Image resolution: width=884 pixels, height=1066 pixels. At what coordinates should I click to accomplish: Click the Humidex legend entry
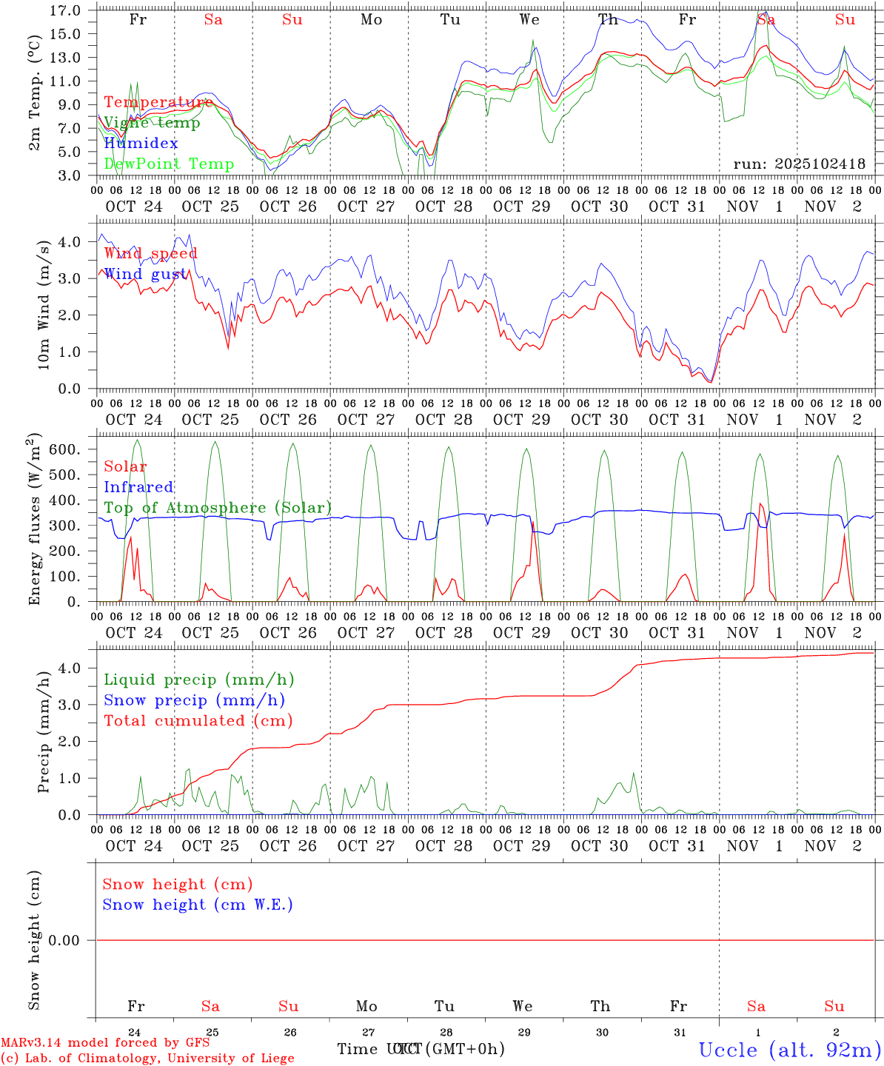141,143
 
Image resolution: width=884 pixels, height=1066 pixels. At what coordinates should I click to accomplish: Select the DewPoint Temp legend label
169,164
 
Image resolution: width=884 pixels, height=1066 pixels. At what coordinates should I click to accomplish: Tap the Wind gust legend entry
145,274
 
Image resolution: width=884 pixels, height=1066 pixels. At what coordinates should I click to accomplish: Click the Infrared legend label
138,487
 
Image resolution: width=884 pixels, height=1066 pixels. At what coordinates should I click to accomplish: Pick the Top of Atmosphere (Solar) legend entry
218,508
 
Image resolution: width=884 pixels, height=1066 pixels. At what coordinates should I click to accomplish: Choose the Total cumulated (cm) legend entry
198,720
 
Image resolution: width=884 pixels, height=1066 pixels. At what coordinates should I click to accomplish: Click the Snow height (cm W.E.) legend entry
198,905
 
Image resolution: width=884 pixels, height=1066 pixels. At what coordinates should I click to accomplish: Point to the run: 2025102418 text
799,164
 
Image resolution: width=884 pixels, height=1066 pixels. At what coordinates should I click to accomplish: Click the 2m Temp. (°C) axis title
35,104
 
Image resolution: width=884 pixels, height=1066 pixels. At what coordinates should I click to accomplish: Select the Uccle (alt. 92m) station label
789,1049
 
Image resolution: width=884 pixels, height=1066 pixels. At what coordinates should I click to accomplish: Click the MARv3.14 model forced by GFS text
105,1042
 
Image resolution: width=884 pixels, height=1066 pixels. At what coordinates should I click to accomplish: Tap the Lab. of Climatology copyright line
147,1058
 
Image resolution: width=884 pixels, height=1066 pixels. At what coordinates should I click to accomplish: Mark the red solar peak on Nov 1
760,504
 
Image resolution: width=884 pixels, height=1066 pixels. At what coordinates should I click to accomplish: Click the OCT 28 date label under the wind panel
443,420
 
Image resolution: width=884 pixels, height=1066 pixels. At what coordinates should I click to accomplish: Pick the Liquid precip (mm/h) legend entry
198,680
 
